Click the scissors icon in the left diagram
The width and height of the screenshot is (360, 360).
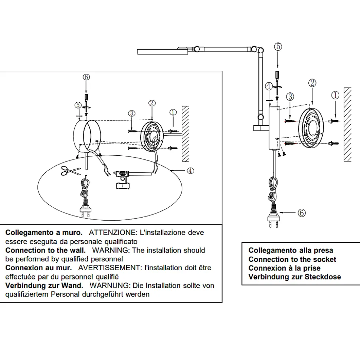(x=71, y=171)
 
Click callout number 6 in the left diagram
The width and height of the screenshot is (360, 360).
(x=86, y=77)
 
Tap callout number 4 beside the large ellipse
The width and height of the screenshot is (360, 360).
(x=190, y=171)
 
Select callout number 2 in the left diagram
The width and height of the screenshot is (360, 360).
(x=151, y=103)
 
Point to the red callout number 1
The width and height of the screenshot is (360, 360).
(x=335, y=95)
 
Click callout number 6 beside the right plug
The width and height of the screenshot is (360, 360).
(x=302, y=213)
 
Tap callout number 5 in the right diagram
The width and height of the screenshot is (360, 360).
(x=278, y=47)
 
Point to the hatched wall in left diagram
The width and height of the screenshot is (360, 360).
(x=186, y=133)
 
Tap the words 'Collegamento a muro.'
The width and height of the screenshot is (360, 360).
(x=44, y=233)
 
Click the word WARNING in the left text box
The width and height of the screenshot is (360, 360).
(x=111, y=250)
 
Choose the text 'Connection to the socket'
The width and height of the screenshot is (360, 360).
(x=292, y=260)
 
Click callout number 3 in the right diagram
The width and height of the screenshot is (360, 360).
(x=291, y=97)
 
